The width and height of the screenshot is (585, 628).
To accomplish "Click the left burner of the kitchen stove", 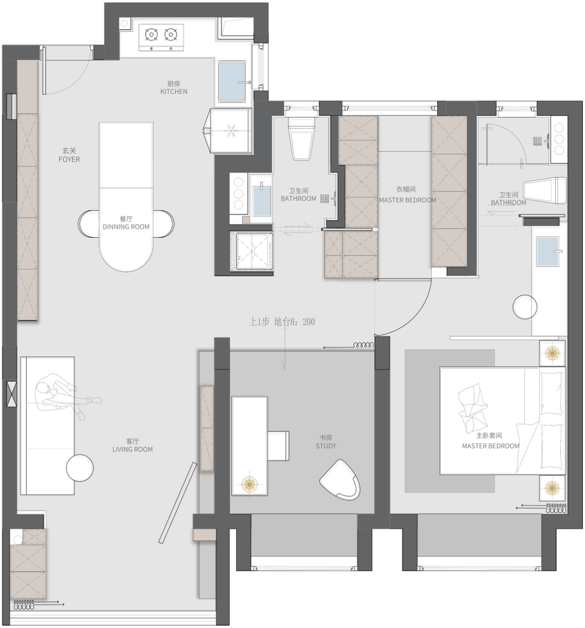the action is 152,35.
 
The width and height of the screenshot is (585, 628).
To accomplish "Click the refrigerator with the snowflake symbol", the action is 230,130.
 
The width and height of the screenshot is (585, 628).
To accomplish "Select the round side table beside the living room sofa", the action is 80,468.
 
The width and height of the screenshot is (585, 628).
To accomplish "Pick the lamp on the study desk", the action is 249,485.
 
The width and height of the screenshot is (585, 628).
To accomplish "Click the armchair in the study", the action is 340,480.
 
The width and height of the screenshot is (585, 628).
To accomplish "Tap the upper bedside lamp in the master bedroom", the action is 552,353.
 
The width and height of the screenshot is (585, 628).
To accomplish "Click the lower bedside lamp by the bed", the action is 552,488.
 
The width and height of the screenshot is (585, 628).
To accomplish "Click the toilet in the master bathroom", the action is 545,191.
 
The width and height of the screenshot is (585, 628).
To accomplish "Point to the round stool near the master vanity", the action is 525,307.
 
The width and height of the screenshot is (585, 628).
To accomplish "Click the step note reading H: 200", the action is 282,322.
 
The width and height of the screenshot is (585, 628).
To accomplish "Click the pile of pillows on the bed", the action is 473,407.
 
